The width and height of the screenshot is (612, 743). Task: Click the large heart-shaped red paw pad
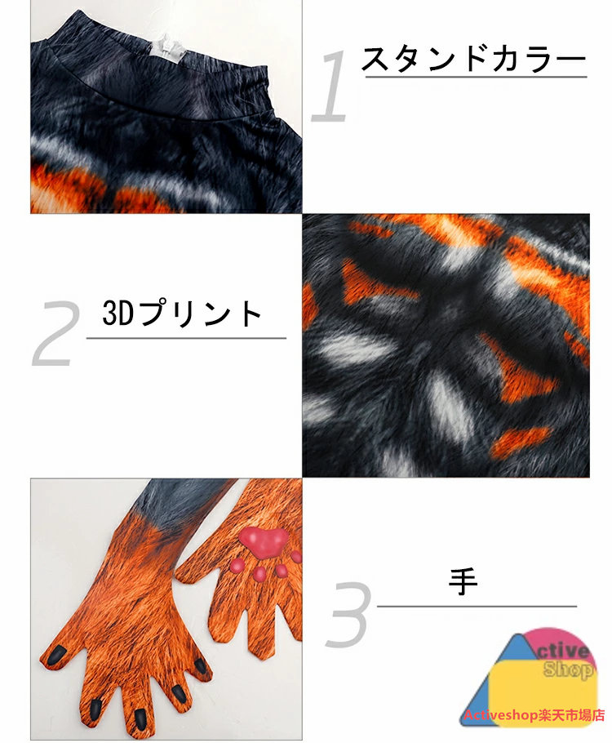[x=264, y=541]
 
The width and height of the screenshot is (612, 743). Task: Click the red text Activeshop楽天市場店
[x=534, y=715]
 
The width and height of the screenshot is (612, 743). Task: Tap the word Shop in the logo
[x=567, y=669]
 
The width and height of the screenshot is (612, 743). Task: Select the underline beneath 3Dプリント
[x=186, y=338]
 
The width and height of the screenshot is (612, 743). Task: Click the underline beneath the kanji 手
[x=477, y=606]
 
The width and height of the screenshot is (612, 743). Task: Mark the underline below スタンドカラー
[x=476, y=76]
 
